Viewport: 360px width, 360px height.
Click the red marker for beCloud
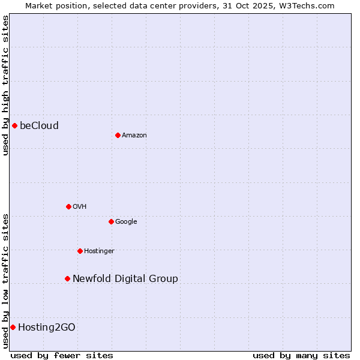point(14,125)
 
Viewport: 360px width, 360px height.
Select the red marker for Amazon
point(118,135)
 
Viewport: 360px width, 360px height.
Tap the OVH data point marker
point(68,206)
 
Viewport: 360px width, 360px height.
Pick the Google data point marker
point(111,221)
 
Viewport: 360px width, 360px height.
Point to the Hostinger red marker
point(80,251)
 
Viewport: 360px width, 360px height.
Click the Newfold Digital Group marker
point(67,278)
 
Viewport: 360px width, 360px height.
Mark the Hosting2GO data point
point(13,327)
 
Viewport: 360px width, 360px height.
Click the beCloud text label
point(39,125)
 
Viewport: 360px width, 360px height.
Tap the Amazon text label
point(134,135)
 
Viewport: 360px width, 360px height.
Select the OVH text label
point(80,206)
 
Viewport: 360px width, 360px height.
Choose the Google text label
point(126,221)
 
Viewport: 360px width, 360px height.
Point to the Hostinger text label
point(99,251)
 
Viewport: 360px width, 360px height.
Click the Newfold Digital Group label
point(125,278)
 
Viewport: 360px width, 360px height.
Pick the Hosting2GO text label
point(47,327)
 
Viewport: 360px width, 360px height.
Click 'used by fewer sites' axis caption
point(62,355)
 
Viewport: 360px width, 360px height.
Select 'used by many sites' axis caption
point(301,355)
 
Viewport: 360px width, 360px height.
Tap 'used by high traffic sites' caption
point(5,85)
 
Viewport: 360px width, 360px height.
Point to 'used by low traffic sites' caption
point(5,280)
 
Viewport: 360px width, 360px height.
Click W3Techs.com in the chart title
point(314,5)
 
